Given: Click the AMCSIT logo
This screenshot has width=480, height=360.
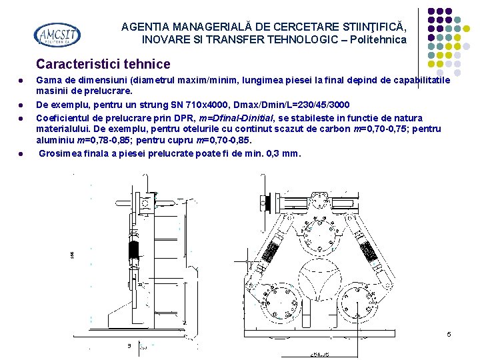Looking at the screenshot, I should (57, 35).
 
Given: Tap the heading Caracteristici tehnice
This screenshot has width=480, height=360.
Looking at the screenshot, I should (103, 65).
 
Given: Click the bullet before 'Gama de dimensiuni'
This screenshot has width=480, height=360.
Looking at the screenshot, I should (21, 81).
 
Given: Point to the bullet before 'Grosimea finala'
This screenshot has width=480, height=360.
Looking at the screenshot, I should (21, 153).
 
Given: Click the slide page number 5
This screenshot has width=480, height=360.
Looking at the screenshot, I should (449, 334).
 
